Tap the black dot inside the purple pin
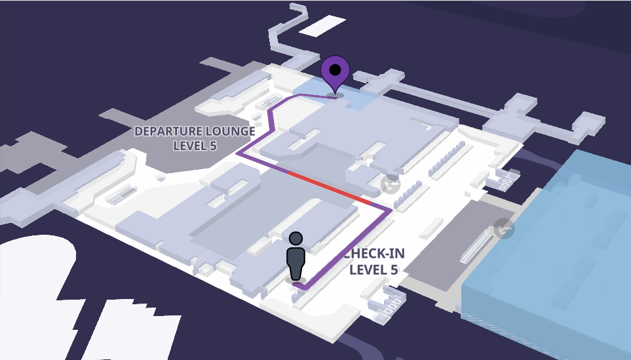(x=335, y=70)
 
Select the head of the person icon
(x=296, y=239)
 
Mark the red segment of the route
(x=329, y=188)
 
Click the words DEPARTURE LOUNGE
(x=195, y=131)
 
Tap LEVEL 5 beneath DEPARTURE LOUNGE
(x=195, y=146)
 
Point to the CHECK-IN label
(x=374, y=254)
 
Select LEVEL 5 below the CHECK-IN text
(x=374, y=270)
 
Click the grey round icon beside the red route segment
(x=391, y=184)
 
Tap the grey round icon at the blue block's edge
(x=503, y=228)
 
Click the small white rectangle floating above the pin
(x=322, y=26)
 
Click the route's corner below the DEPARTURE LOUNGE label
(x=239, y=153)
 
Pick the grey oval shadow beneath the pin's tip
(x=335, y=95)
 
